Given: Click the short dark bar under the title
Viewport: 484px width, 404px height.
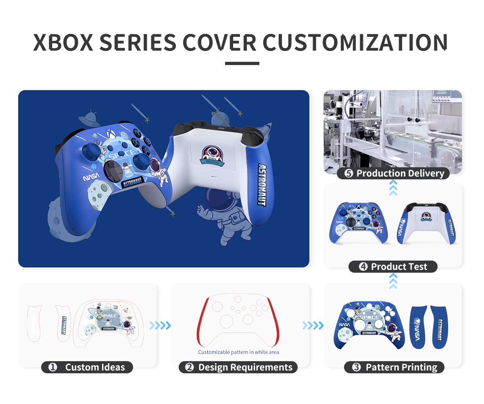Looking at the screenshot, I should (x=242, y=63).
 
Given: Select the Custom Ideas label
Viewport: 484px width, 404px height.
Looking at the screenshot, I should (x=95, y=367).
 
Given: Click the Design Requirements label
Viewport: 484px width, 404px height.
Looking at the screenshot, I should (x=245, y=367).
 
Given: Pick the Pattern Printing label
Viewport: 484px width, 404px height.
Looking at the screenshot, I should (x=401, y=367).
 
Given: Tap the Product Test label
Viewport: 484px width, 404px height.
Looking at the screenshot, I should (x=398, y=267).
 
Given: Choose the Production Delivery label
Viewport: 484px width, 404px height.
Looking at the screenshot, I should (x=400, y=174).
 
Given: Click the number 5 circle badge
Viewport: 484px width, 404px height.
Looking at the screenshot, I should (x=349, y=174).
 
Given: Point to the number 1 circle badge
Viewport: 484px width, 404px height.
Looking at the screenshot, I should (x=53, y=367).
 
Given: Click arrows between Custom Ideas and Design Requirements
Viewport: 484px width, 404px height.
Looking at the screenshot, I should (x=160, y=326).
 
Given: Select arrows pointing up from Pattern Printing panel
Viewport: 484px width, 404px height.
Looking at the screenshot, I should (x=393, y=281).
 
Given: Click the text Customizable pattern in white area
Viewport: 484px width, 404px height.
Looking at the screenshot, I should (x=238, y=352).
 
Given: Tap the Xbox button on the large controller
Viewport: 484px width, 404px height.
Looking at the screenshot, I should (x=112, y=133).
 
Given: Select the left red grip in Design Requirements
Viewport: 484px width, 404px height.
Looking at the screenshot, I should (x=202, y=323).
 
